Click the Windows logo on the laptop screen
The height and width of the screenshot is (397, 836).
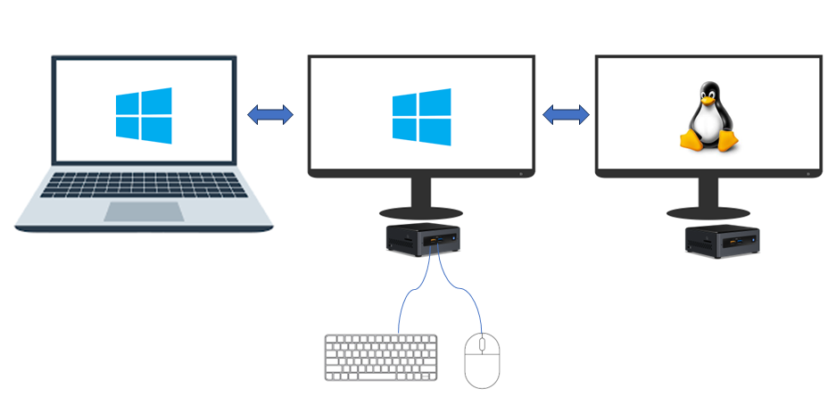pos(144,116)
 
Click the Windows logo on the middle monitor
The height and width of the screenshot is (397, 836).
pos(421,117)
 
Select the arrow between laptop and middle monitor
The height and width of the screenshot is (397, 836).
pos(270,114)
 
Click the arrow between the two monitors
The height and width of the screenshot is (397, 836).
pos(567,114)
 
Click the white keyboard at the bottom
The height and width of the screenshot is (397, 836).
pos(381,357)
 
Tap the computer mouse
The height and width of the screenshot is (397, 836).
pos(482,359)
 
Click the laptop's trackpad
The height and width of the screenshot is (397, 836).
pos(145,211)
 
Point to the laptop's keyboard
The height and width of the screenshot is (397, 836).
pos(145,185)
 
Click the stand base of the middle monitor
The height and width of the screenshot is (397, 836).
pos(421,213)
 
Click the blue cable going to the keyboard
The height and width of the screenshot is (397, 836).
pos(406,299)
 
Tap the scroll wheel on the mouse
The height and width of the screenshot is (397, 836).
pos(482,343)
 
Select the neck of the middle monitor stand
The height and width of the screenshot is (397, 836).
pos(421,192)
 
